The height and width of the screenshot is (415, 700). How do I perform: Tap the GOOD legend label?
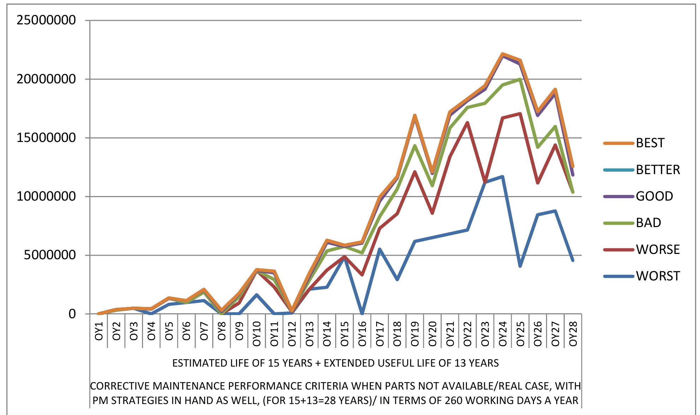pos(654,196)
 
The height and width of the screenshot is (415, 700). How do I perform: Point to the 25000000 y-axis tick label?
pos(46,20)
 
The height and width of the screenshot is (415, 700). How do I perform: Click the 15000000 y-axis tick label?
pos(46,138)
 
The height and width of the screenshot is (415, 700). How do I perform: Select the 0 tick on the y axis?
pos(72,314)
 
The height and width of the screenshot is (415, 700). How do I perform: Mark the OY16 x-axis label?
pos(362,331)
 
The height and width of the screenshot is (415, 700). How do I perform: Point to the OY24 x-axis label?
pos(503,331)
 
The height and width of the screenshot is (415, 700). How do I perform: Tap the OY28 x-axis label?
pos(573,331)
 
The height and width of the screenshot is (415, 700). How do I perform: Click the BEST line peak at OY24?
pos(503,54)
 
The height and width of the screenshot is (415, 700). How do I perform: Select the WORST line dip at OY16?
pos(362,313)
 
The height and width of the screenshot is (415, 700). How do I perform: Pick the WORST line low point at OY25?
pos(520,266)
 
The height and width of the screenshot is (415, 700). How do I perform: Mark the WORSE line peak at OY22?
pos(468,123)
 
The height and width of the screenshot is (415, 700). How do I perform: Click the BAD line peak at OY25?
pos(520,79)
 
